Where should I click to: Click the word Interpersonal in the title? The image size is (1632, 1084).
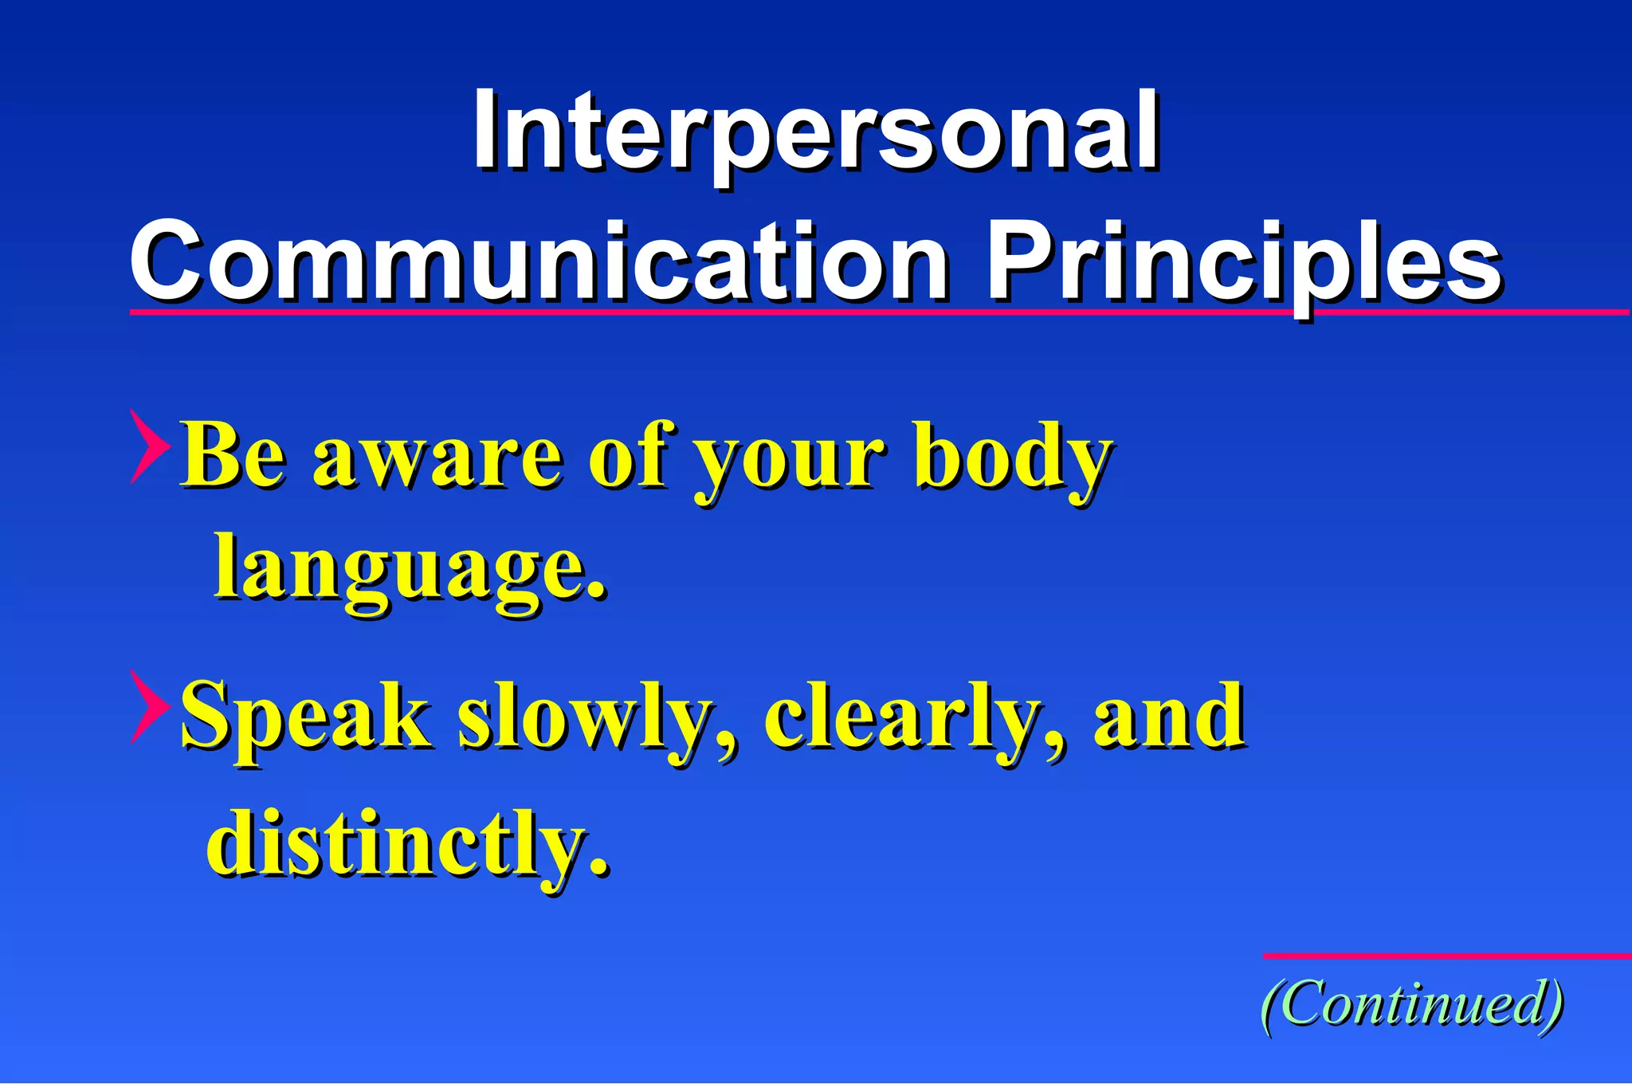(x=816, y=132)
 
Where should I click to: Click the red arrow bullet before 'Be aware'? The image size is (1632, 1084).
(x=148, y=446)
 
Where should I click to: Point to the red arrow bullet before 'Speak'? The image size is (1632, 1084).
(x=148, y=708)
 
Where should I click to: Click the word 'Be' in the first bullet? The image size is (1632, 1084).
(x=233, y=456)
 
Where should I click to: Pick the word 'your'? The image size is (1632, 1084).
(x=789, y=462)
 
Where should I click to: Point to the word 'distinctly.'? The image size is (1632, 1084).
(x=408, y=843)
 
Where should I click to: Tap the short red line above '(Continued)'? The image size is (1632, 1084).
(x=1446, y=956)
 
